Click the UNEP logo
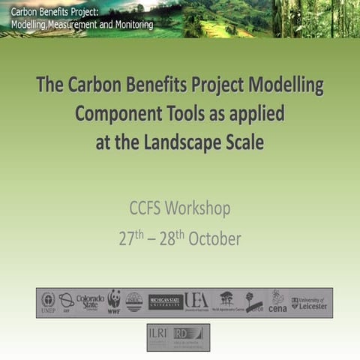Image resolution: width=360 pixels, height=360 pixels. [48, 301]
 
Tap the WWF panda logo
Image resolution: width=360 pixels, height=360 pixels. [114, 301]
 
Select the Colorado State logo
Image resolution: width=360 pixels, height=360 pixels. [90, 302]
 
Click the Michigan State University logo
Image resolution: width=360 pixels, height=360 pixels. [166, 301]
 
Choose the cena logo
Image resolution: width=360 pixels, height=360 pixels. [277, 301]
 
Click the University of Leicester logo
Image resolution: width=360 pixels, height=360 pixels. [310, 302]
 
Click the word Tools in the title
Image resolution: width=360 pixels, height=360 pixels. [193, 114]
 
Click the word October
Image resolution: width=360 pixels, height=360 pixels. [214, 239]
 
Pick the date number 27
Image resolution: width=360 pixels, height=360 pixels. [126, 239]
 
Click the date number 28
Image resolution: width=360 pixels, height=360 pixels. [166, 239]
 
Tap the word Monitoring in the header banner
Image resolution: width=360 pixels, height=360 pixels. [126, 24]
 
